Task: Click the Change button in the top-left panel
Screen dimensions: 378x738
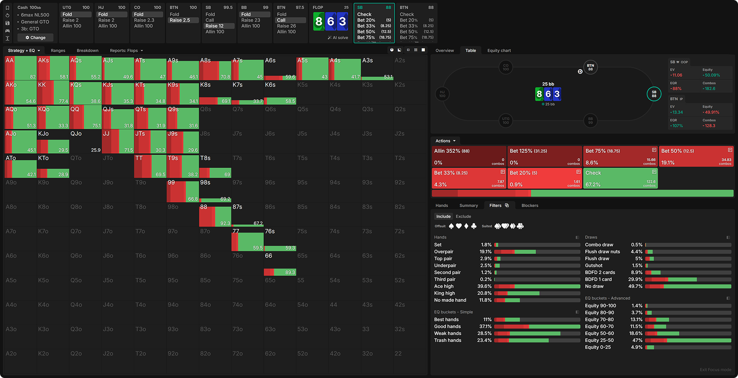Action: coord(36,37)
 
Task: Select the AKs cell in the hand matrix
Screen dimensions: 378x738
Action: coord(53,68)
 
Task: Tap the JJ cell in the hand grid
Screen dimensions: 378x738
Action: coord(118,142)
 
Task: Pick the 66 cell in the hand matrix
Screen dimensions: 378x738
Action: coord(280,264)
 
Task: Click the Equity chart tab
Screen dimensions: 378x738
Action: coord(499,50)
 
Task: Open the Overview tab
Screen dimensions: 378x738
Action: coord(444,50)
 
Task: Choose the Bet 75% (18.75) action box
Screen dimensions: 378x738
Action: coord(620,156)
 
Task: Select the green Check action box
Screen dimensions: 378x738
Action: coord(620,178)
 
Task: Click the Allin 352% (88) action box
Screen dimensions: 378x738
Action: coord(469,156)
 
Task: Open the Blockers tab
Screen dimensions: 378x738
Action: coord(530,205)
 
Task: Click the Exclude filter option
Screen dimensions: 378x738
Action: coord(463,216)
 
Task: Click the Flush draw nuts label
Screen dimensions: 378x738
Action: coord(602,252)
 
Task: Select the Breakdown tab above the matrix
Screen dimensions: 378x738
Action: coord(87,50)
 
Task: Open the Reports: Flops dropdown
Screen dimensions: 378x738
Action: coord(126,50)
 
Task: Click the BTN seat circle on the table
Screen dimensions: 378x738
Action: coord(590,67)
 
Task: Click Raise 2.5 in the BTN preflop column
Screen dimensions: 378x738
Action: coord(180,20)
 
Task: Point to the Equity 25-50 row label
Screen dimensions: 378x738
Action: coord(599,340)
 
